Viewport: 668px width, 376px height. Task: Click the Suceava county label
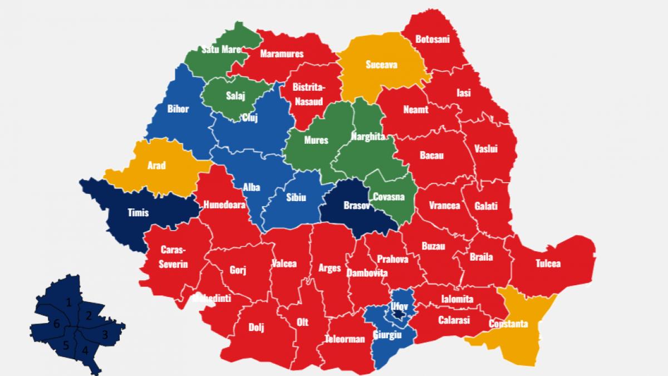(x=381, y=65)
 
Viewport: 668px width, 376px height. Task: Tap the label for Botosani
(x=433, y=39)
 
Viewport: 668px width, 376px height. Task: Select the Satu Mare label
(x=222, y=50)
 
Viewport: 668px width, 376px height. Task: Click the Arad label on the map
(x=156, y=165)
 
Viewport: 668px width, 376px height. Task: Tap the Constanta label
(x=509, y=324)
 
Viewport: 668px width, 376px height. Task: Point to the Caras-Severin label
(x=174, y=256)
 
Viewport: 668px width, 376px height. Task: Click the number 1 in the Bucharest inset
(x=68, y=302)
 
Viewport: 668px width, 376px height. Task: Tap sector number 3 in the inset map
(x=104, y=335)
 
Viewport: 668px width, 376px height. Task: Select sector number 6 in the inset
(x=56, y=324)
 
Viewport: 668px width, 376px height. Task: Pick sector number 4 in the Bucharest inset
(x=85, y=350)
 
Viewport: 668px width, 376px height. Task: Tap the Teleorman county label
(x=345, y=339)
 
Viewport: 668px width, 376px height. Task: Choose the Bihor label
(x=178, y=109)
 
